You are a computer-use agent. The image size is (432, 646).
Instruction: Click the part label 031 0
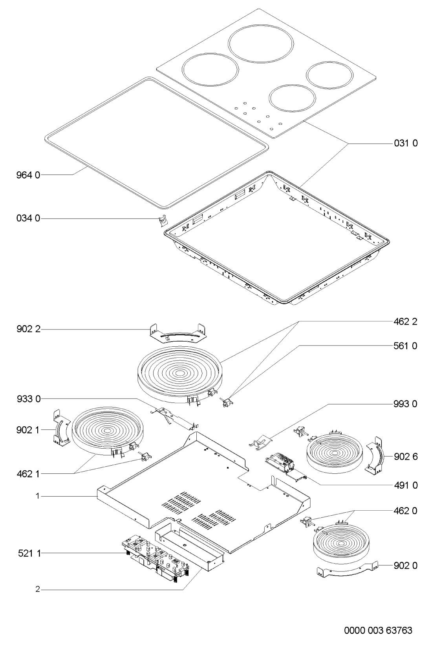(x=406, y=143)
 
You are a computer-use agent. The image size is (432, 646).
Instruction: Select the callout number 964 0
(x=28, y=175)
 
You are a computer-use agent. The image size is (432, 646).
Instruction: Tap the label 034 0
(x=28, y=218)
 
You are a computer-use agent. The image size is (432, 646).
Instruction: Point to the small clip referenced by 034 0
(x=163, y=220)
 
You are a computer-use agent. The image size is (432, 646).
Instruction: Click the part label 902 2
(x=28, y=329)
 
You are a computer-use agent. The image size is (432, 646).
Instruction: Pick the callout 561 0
(x=405, y=346)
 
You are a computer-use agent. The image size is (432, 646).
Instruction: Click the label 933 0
(x=28, y=399)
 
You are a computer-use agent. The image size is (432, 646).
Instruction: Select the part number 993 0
(x=405, y=404)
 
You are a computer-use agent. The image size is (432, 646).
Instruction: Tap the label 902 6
(x=406, y=456)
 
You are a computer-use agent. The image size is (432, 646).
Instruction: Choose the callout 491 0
(x=406, y=485)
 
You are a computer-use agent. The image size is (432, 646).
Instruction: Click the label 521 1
(x=29, y=553)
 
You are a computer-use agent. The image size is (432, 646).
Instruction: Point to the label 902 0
(x=406, y=566)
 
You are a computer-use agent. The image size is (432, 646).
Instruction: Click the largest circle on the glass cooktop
(x=261, y=47)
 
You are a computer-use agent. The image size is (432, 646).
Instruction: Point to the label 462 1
(x=28, y=473)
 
